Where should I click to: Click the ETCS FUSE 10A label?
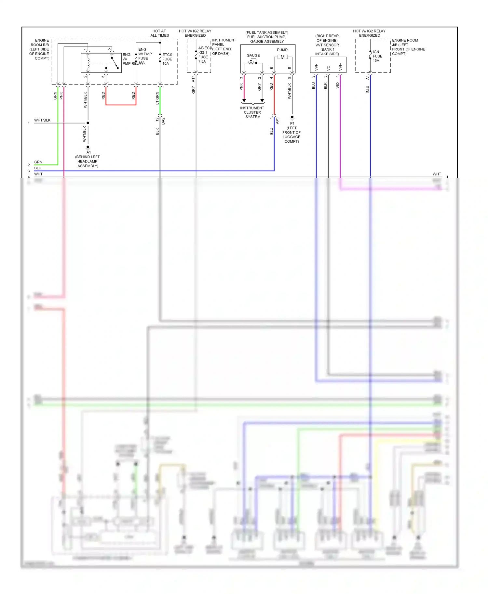coord(167,59)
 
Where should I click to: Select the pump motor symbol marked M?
coord(282,57)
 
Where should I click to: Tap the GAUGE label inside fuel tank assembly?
coord(253,55)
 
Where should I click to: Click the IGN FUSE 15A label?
coord(377,56)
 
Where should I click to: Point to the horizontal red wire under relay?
coord(121,105)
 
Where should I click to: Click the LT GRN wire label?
coord(157,98)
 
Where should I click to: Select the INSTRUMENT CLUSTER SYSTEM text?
coord(252,112)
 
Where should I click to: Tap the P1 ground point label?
coord(292,123)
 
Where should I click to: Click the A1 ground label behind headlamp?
coord(88,152)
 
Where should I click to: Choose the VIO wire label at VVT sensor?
coord(337,85)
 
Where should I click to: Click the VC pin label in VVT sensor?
coord(328,68)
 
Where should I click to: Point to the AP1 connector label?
coord(278,121)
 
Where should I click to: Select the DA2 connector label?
coord(163,121)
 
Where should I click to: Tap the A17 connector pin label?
coord(193,79)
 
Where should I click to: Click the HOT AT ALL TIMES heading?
coord(159,33)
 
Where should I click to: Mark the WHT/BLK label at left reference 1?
coord(42,120)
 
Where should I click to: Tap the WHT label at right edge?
coord(437,174)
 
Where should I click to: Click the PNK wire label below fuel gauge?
coord(241,87)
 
